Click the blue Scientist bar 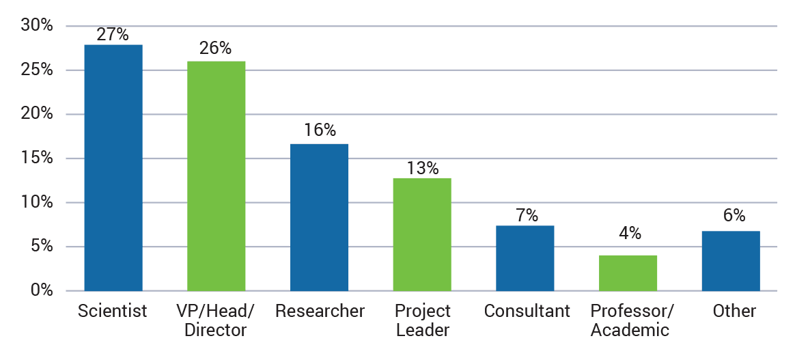pyautogui.click(x=113, y=167)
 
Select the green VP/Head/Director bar pyautogui.click(x=216, y=176)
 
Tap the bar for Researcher pyautogui.click(x=319, y=217)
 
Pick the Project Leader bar pyautogui.click(x=422, y=234)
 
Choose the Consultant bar pyautogui.click(x=525, y=258)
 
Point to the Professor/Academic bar pyautogui.click(x=628, y=273)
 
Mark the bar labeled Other pyautogui.click(x=731, y=261)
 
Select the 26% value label pyautogui.click(x=216, y=49)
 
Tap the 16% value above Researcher pyautogui.click(x=319, y=131)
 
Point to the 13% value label pyautogui.click(x=422, y=168)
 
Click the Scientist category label pyautogui.click(x=113, y=311)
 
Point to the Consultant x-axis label pyautogui.click(x=527, y=311)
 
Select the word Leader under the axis pyautogui.click(x=422, y=331)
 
